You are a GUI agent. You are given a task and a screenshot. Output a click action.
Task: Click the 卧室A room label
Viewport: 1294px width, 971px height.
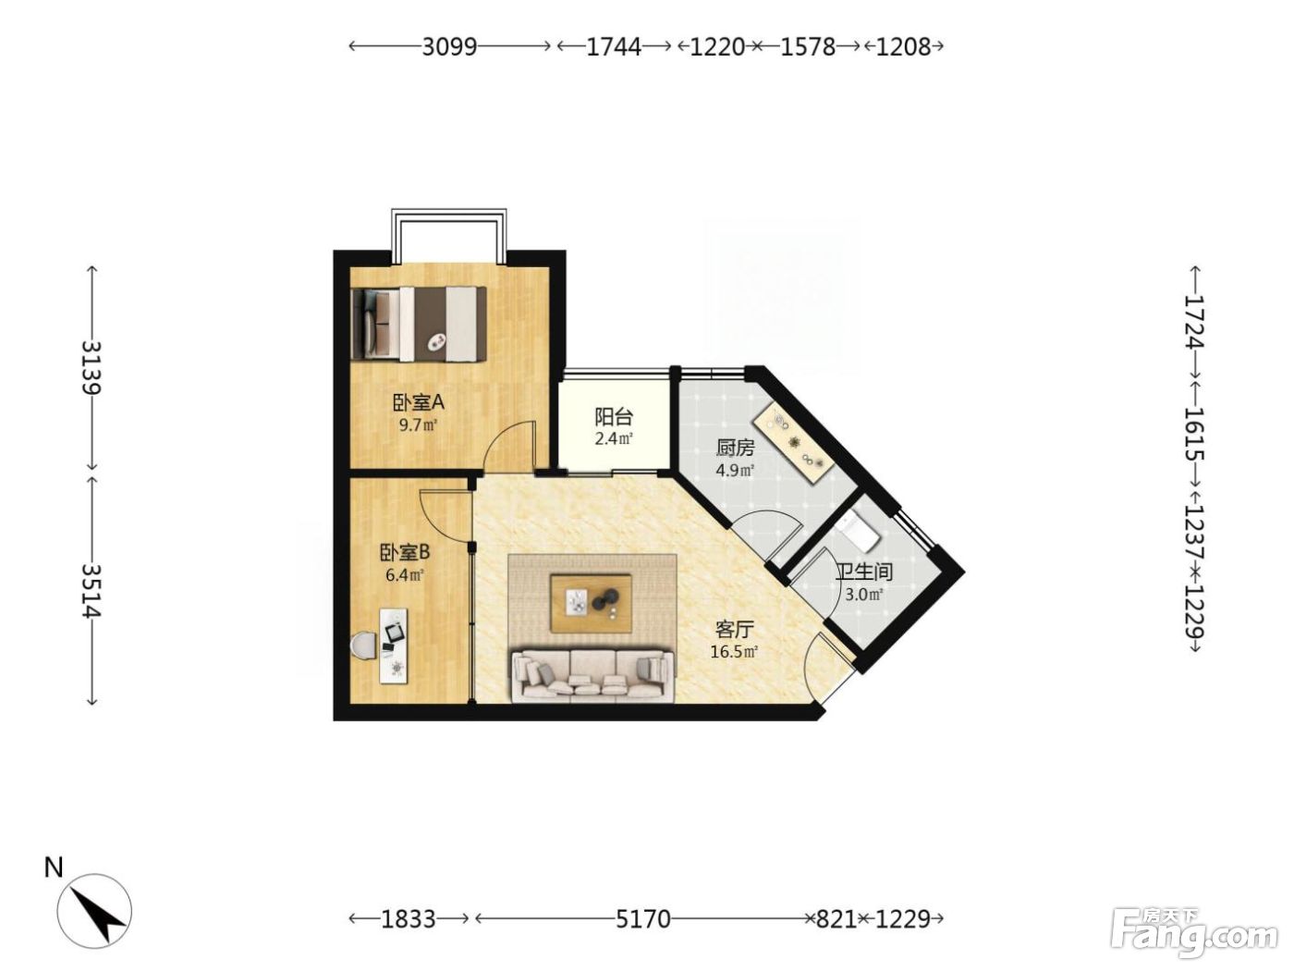coord(418,402)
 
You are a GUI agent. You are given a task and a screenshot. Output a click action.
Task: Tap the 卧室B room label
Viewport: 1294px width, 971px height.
coord(405,552)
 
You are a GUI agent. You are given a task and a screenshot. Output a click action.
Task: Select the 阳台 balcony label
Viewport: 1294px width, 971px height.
coord(613,417)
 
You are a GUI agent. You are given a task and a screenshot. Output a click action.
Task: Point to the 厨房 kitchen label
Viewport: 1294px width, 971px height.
coord(735,449)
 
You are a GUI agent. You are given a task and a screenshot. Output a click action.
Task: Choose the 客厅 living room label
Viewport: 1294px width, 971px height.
coord(734,630)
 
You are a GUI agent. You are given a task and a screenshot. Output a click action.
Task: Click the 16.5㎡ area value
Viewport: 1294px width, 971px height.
coord(734,651)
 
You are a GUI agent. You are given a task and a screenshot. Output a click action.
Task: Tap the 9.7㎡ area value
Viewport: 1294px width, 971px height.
coord(418,424)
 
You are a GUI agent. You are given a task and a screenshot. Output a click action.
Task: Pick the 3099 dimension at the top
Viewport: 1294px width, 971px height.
coord(449,46)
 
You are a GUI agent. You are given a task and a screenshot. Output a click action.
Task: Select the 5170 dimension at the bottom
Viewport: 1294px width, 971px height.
coord(643,918)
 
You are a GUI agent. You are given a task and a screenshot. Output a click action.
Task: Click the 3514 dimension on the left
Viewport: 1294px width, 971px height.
coord(92,591)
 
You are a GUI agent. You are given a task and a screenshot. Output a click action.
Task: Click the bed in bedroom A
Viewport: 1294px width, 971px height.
coord(419,324)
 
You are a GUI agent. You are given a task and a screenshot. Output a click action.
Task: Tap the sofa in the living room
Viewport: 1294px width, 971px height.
coord(593,676)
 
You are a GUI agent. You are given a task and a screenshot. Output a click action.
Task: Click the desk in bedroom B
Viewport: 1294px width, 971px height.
coord(395,645)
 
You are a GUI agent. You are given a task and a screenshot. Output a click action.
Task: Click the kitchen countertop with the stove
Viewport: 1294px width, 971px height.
coord(793,436)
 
